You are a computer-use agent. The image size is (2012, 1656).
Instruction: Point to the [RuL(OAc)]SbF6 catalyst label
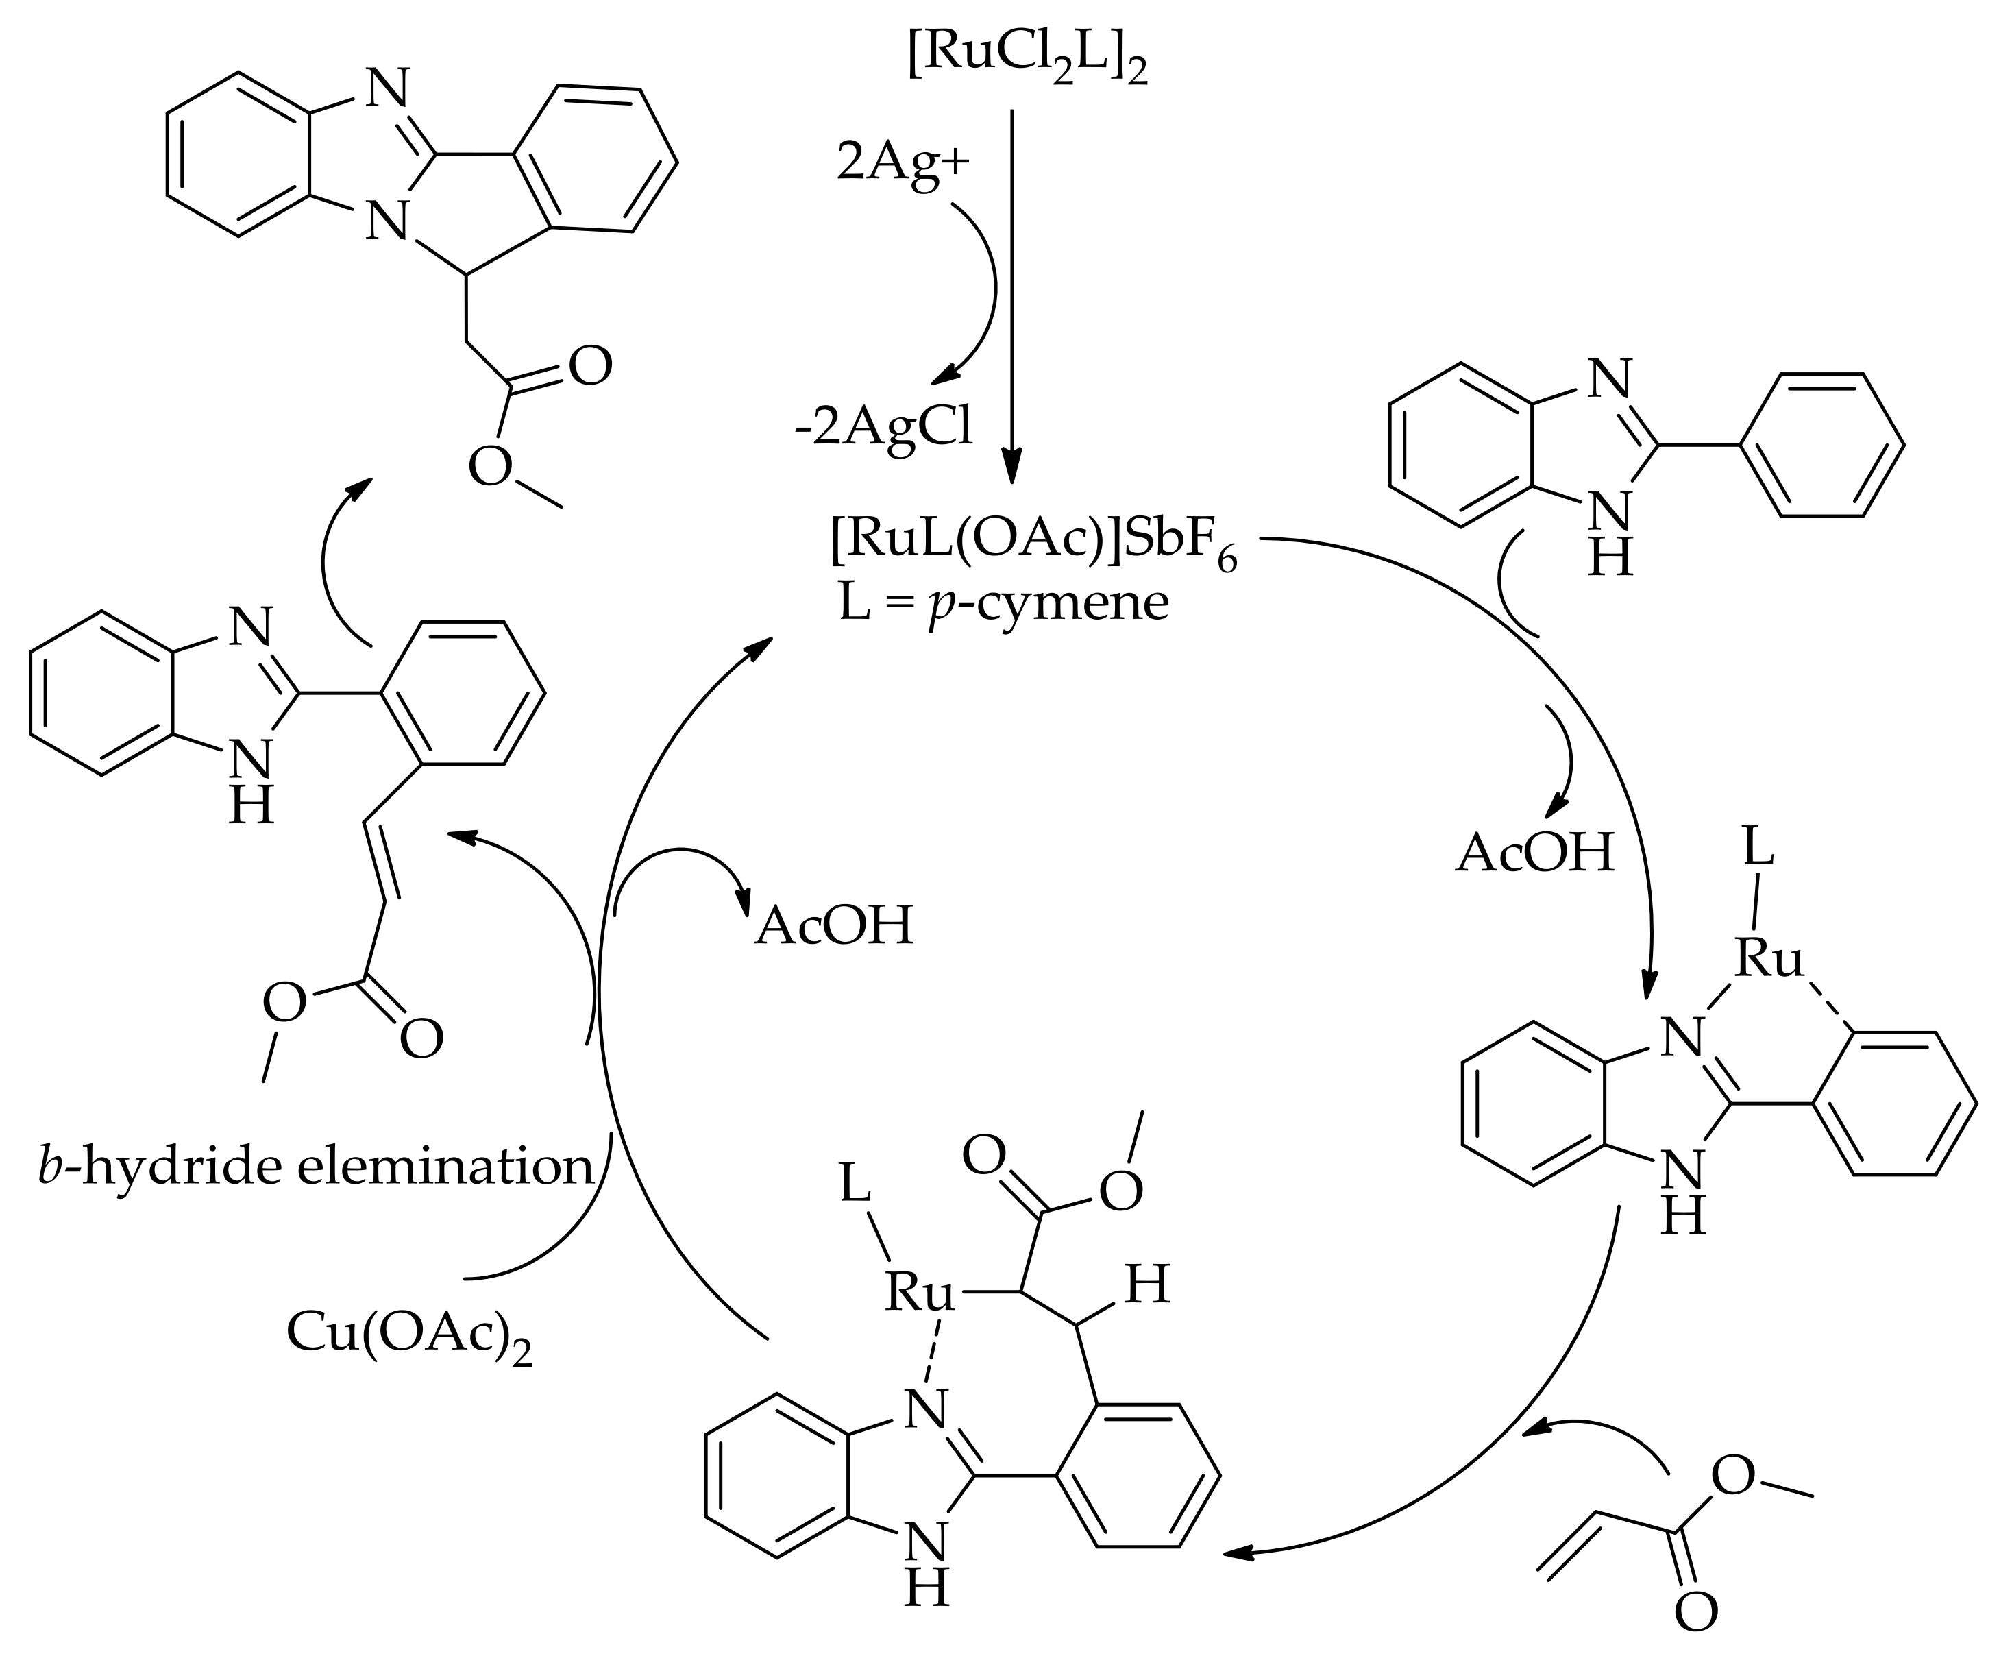tap(1033, 546)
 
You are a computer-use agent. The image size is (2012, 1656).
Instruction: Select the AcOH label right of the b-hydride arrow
tap(835, 925)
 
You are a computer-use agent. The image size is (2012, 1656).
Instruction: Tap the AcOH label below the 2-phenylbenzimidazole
tap(1535, 852)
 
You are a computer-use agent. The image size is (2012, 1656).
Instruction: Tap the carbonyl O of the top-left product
tap(590, 367)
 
